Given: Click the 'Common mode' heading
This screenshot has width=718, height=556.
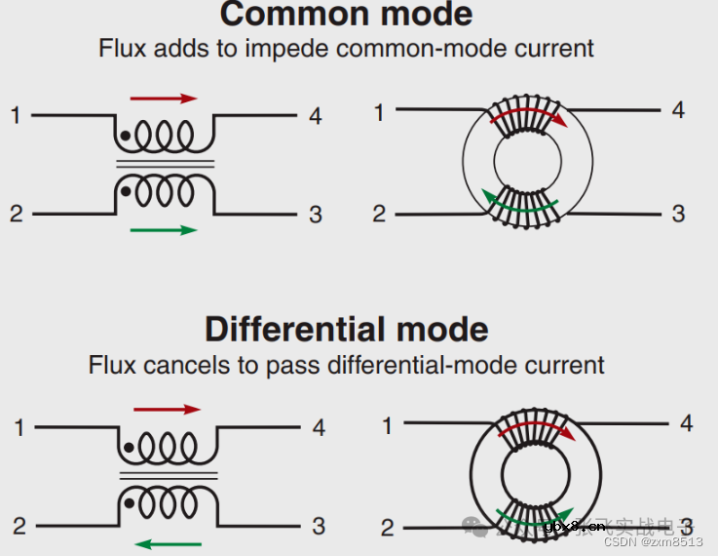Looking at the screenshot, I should point(346,15).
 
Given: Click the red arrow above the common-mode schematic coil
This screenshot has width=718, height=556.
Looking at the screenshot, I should point(164,99).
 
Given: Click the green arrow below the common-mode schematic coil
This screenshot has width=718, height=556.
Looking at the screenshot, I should point(164,230).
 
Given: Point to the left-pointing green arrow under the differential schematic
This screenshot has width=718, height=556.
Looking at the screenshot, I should point(168,543).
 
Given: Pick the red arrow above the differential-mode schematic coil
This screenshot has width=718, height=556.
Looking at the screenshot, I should point(166,410).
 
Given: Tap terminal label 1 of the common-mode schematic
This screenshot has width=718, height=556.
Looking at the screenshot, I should point(16,116).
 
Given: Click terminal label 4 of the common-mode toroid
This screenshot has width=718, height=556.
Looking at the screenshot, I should point(678,110).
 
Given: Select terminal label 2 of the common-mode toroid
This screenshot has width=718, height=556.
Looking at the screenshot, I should point(379,214).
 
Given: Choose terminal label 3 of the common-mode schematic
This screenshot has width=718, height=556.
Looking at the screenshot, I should point(315,215).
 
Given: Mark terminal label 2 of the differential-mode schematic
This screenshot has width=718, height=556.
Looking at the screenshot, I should point(19,528).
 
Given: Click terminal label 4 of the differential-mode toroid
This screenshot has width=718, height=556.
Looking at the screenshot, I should point(686,423).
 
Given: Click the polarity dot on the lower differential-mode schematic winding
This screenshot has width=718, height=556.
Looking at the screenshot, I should point(129,503).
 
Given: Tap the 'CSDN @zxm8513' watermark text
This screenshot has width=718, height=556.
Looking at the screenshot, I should point(654,542).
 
